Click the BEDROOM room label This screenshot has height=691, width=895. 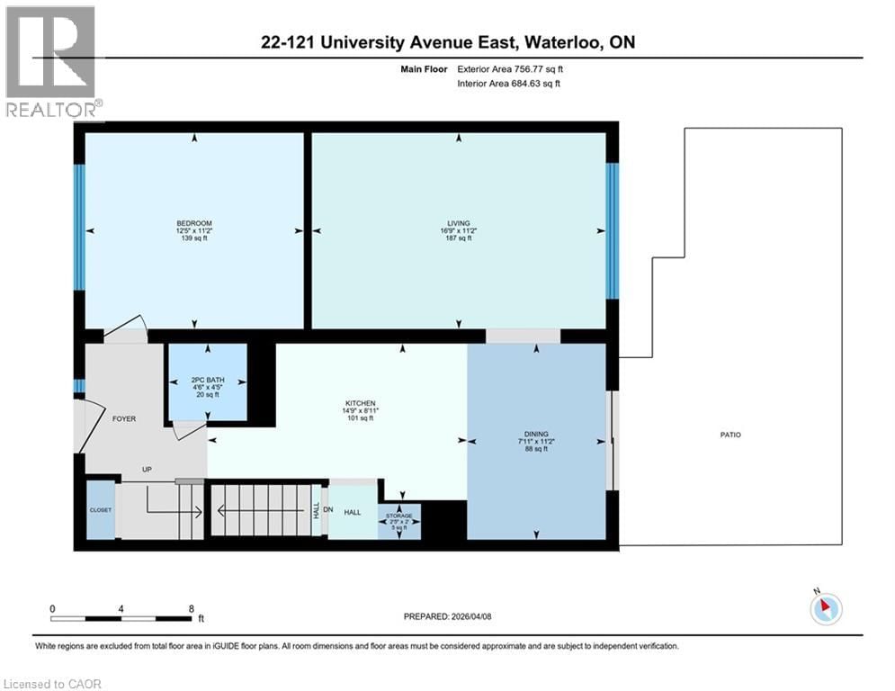pos(194,223)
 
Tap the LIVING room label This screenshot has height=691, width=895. pos(459,223)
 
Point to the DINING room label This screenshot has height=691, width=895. pos(536,434)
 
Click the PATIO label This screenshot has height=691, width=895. pos(729,435)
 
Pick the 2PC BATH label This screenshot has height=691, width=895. pos(208,380)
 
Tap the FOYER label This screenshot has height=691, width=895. pos(123,418)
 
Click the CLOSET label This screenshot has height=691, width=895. pos(101,510)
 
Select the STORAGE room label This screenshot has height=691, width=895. pos(398,516)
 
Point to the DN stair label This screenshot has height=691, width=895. pos(327,510)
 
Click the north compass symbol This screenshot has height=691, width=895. pos(825,608)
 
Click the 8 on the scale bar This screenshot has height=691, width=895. pos(191,608)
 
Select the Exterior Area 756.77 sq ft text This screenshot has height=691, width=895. pos(510,68)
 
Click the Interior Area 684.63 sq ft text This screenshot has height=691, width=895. pos(510,84)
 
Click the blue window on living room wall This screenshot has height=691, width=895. pos(613,230)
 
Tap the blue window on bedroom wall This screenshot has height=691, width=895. pos(79,227)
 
